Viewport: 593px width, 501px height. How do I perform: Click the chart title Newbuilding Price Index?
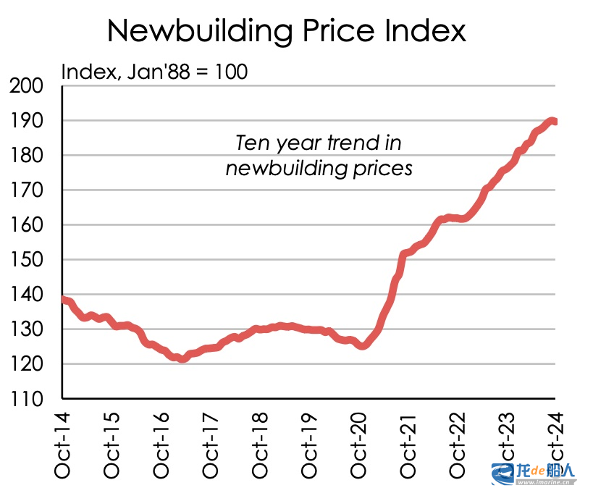[286, 31]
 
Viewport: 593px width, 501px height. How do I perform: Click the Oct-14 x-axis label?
[63, 443]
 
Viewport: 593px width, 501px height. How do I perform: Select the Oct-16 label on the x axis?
[161, 443]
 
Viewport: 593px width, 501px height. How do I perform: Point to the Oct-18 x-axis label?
[260, 443]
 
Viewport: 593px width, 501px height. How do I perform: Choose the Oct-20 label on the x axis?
[358, 443]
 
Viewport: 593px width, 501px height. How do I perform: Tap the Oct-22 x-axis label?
[457, 443]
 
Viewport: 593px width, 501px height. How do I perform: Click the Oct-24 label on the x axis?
[555, 443]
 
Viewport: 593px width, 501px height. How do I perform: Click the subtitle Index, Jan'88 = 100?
[154, 72]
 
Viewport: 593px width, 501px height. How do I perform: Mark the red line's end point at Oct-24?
[555, 122]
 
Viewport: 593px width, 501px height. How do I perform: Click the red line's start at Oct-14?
[64, 299]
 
